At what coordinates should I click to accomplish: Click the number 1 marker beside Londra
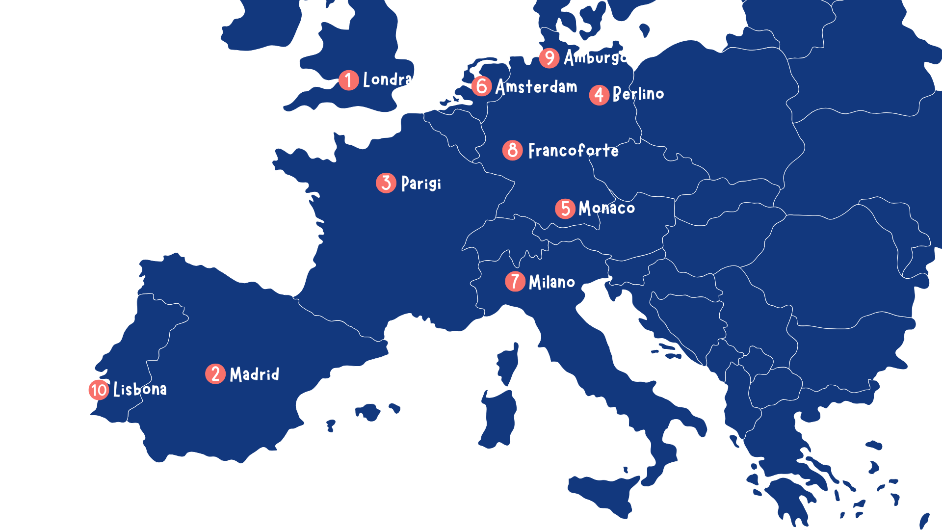click(348, 80)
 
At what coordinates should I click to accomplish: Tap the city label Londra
click(387, 79)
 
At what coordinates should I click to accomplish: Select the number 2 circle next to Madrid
click(215, 374)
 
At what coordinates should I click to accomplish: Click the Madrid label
click(255, 374)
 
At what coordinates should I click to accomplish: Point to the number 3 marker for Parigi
click(386, 183)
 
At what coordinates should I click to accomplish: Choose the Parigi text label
click(421, 184)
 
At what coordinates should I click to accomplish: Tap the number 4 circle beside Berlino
click(599, 95)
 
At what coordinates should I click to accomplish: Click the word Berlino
click(638, 93)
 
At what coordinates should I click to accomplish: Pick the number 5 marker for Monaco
click(565, 209)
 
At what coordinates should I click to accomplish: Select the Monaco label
click(607, 208)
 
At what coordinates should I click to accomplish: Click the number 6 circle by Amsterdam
click(482, 86)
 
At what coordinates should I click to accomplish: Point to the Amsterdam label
click(536, 87)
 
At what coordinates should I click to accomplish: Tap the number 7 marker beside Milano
click(515, 282)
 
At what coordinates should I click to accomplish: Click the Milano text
click(552, 282)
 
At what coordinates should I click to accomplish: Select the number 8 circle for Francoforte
click(512, 150)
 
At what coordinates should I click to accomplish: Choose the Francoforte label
click(574, 150)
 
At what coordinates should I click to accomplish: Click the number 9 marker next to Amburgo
click(549, 58)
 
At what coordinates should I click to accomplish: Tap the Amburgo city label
click(595, 57)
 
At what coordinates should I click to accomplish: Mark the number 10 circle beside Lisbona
click(99, 390)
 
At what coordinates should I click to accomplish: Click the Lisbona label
click(140, 390)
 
